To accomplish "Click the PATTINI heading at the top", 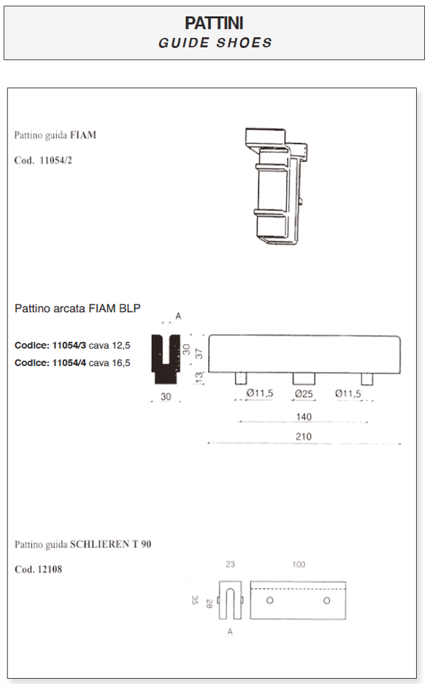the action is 214,23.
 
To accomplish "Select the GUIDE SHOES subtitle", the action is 215,43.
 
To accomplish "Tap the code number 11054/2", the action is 56,160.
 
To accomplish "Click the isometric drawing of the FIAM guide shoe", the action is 276,186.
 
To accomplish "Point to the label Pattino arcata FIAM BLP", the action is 77,308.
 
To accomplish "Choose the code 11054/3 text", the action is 69,346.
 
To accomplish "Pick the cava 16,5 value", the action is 109,363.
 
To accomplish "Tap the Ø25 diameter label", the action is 304,394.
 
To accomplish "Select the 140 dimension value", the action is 304,416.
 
